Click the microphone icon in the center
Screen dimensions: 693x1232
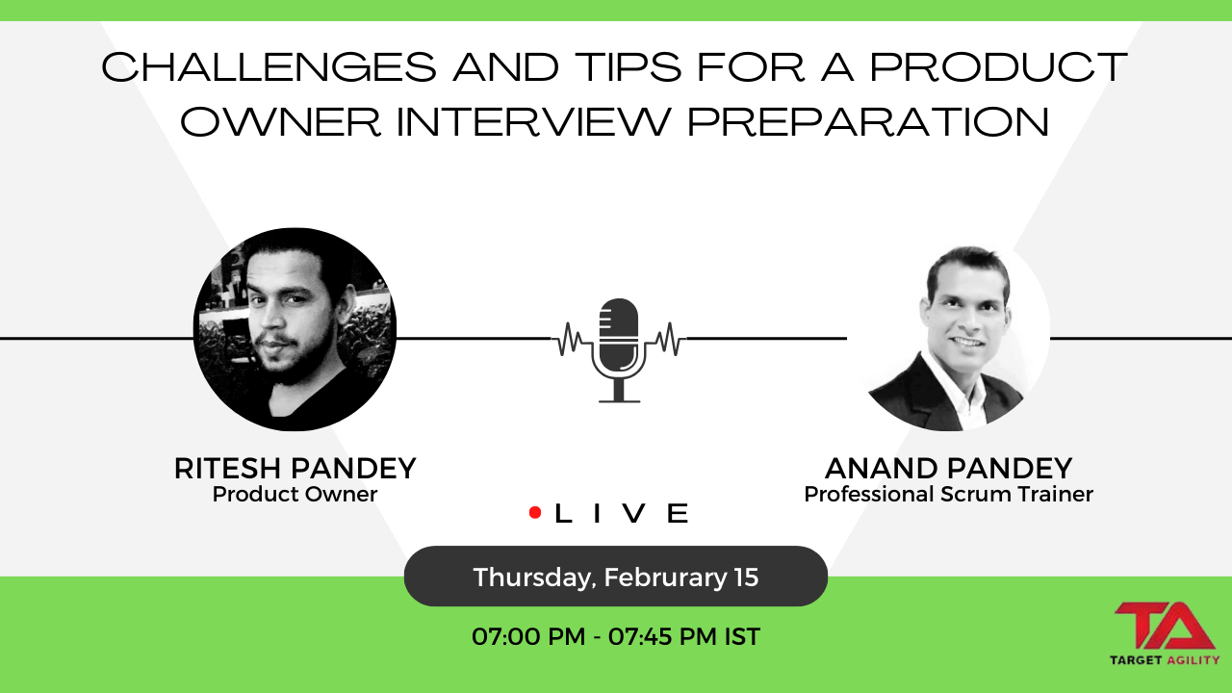[x=619, y=349]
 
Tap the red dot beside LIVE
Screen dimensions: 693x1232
[x=535, y=513]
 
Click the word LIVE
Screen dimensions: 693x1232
[x=622, y=513]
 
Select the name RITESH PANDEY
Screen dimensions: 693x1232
[x=295, y=469]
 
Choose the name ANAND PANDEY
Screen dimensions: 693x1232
[x=948, y=469]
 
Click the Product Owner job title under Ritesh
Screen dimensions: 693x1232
[x=295, y=495]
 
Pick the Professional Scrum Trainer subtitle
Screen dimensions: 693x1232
[x=948, y=495]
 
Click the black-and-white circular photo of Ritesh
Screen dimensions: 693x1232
[x=295, y=329]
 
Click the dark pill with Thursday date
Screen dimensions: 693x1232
[x=615, y=577]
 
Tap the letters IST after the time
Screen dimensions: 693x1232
[x=742, y=636]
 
